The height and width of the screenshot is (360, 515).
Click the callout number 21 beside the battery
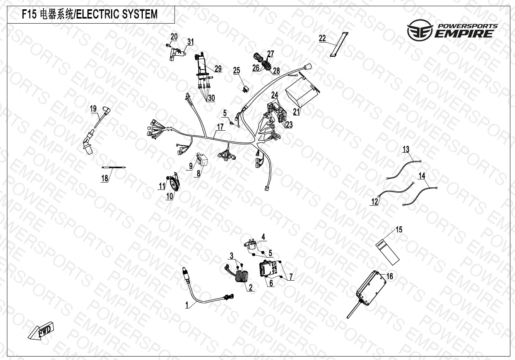pyautogui.click(x=297, y=112)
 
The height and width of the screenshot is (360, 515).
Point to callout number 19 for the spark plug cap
pyautogui.click(x=93, y=109)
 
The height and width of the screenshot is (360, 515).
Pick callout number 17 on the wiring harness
pyautogui.click(x=220, y=126)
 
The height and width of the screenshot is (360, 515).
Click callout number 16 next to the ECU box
pyautogui.click(x=390, y=276)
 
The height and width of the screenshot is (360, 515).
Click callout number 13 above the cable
pyautogui.click(x=405, y=149)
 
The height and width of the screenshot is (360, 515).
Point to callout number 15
pyautogui.click(x=399, y=229)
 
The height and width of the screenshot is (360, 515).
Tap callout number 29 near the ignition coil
pyautogui.click(x=218, y=69)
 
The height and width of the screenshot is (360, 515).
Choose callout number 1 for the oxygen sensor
pyautogui.click(x=187, y=305)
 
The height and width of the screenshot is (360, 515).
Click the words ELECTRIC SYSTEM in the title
pyautogui.click(x=116, y=15)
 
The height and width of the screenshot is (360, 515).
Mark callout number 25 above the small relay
pyautogui.click(x=236, y=70)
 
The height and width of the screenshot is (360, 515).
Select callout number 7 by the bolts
pyautogui.click(x=291, y=277)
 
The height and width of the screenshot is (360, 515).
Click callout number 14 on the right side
pyautogui.click(x=422, y=176)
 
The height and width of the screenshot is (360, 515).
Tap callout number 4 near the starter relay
pyautogui.click(x=263, y=237)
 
